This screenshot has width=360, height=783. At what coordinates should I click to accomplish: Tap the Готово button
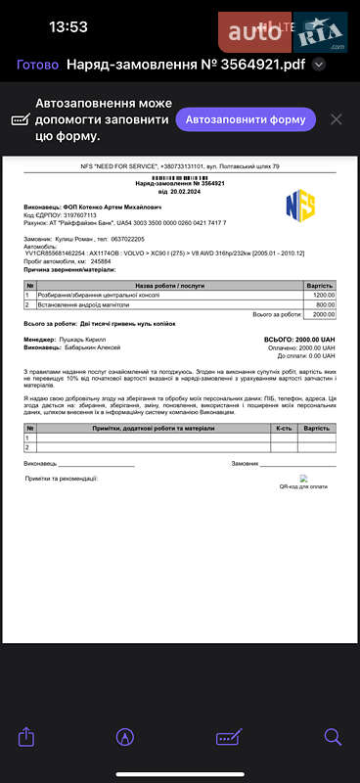click(37, 65)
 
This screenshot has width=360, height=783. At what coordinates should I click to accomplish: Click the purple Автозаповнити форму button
click(246, 120)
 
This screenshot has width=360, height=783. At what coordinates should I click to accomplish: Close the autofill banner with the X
click(336, 119)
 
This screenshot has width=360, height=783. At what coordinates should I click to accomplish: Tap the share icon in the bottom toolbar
click(27, 735)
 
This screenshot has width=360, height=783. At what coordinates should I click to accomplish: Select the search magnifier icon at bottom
click(333, 735)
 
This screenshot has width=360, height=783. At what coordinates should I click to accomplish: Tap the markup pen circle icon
click(125, 735)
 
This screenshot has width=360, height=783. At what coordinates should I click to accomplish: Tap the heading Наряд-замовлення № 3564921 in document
click(180, 183)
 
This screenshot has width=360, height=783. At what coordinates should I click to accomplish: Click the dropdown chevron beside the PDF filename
click(318, 65)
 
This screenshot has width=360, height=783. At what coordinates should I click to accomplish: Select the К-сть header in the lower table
click(284, 428)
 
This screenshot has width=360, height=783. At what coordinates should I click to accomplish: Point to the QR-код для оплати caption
click(303, 485)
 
